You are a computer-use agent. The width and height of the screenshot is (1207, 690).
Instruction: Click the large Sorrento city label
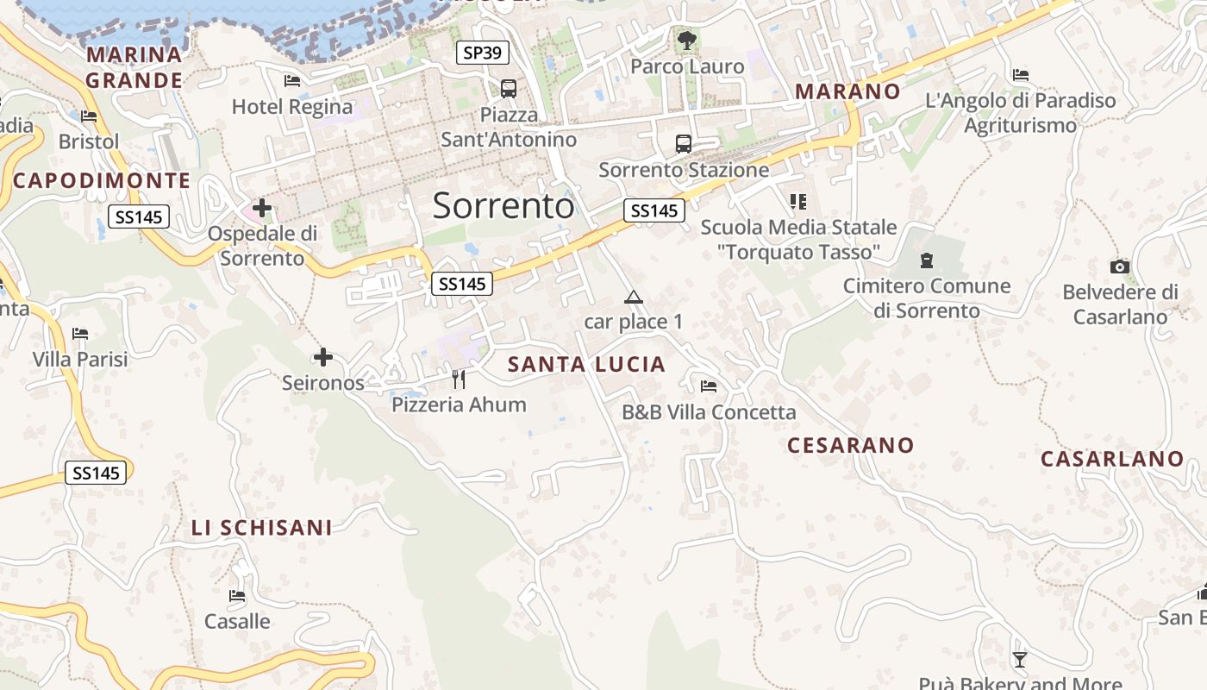[x=503, y=205]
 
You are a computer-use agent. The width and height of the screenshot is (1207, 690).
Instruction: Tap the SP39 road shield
[x=482, y=53]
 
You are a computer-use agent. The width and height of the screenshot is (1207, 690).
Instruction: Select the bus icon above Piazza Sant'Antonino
[x=509, y=88]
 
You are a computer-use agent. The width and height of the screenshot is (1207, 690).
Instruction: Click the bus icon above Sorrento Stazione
[x=684, y=143]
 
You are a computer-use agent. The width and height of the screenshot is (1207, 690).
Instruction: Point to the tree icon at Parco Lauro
[x=687, y=40]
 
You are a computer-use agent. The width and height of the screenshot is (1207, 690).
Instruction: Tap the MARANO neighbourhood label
[x=847, y=91]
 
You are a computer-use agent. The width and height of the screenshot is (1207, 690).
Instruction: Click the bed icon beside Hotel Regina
[x=292, y=81]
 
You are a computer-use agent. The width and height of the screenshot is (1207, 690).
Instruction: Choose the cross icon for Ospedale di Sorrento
[x=262, y=208]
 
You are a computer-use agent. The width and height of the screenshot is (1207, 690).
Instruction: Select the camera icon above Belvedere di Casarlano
[x=1120, y=267]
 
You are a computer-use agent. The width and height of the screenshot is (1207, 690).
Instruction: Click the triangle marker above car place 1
[x=634, y=298]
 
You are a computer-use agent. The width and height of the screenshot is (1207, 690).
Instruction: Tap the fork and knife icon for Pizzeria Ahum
[x=459, y=379]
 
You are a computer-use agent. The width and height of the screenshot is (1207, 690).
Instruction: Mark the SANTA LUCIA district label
[x=586, y=364]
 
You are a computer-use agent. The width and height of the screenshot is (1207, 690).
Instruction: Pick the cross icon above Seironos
[x=323, y=356]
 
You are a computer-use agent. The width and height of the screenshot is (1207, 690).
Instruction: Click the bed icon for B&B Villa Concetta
[x=709, y=386]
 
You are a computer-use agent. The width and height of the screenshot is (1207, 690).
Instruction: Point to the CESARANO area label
[x=850, y=445]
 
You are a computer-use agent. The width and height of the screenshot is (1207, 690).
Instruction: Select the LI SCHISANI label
[x=261, y=528]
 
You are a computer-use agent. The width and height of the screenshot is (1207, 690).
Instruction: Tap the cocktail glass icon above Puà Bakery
[x=1020, y=660]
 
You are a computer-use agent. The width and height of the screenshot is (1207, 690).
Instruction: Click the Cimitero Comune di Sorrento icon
[x=927, y=260]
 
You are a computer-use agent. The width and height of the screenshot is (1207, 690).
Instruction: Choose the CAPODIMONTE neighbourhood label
[x=102, y=180]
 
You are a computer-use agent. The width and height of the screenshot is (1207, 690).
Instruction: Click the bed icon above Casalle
[x=237, y=596]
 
